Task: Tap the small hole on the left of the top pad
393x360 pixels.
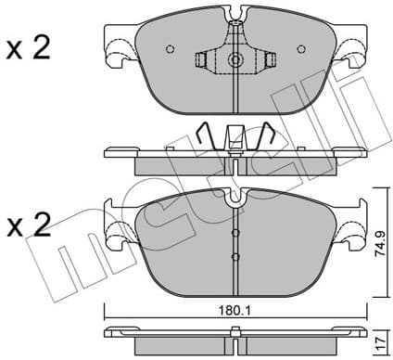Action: (168, 50)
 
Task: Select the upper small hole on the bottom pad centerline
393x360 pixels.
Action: (235, 234)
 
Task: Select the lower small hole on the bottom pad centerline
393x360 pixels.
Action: (235, 255)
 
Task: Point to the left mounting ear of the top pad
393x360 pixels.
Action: (117, 50)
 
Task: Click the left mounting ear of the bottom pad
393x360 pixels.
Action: (117, 228)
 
